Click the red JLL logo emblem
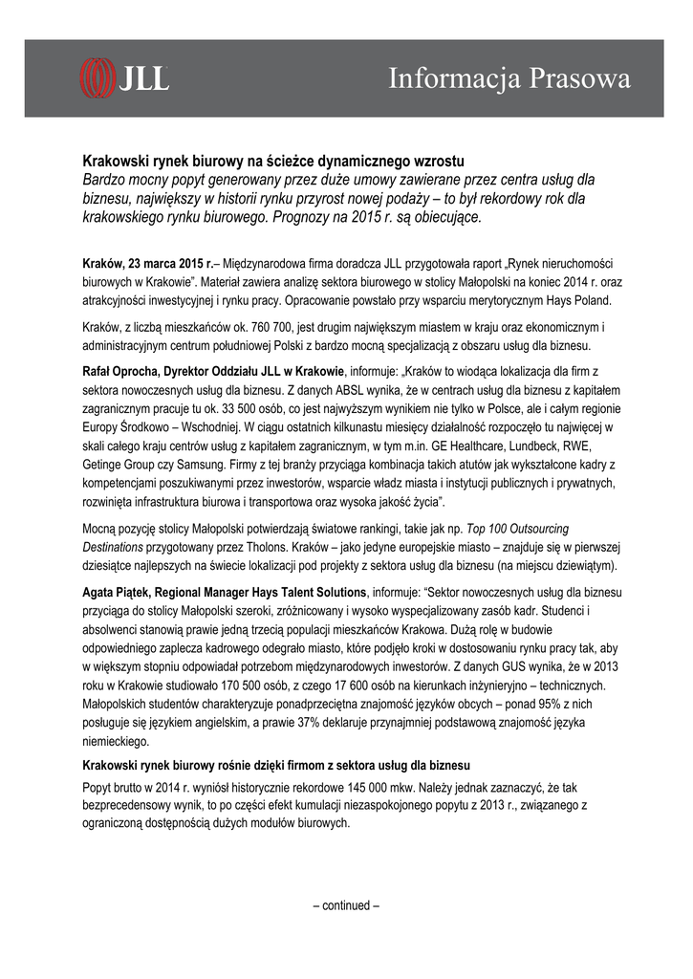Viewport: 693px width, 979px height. [x=97, y=76]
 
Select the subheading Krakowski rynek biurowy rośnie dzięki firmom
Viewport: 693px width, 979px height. [x=275, y=767]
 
